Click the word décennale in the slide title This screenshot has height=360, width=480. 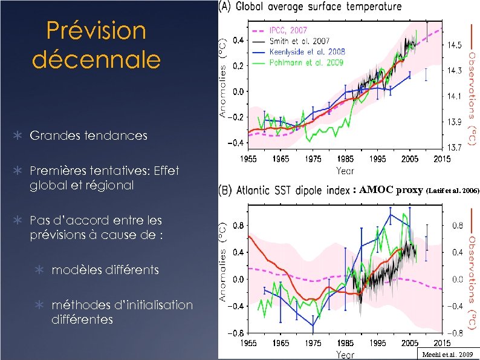point(96,59)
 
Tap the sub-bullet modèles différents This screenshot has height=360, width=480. point(105,270)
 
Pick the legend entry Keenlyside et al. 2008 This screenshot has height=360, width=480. point(307,53)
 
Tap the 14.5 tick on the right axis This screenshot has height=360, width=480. point(455,45)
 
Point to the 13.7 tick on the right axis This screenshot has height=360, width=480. point(455,147)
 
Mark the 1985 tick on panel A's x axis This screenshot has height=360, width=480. point(345,159)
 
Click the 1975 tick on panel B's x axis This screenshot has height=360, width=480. point(313,342)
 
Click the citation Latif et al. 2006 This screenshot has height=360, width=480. point(453,191)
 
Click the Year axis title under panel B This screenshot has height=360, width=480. point(345,354)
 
